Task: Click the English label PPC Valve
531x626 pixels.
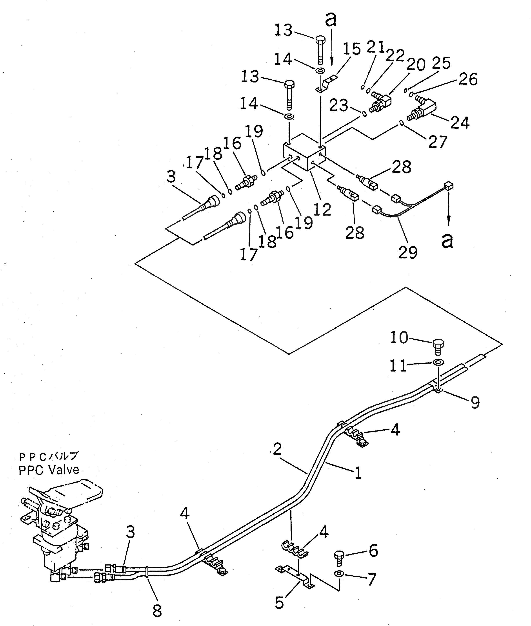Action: (x=49, y=470)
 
